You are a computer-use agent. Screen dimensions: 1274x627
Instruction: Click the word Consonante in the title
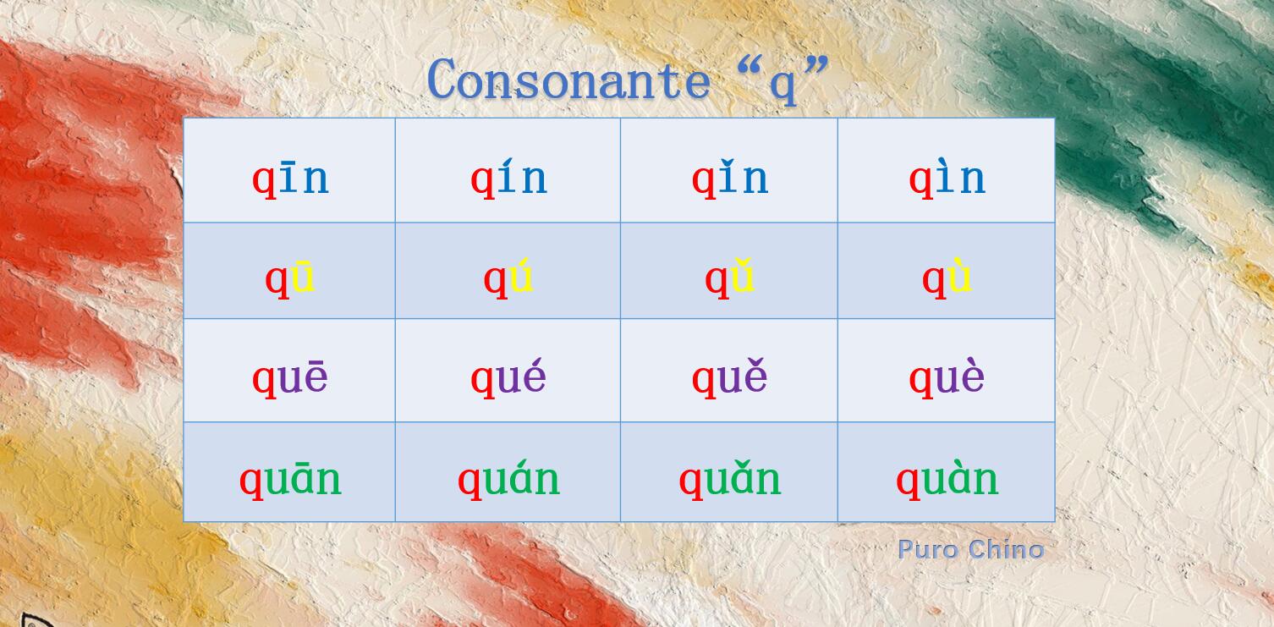click(568, 79)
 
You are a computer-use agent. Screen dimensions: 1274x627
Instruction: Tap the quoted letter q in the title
click(783, 85)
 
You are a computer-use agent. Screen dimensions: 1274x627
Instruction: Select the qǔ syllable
click(729, 278)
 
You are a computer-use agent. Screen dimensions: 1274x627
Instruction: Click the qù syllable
click(947, 278)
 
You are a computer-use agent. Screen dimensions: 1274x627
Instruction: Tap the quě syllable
click(730, 377)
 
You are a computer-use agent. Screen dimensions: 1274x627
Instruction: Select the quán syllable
click(508, 479)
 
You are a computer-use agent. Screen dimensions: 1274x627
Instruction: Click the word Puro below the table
click(928, 549)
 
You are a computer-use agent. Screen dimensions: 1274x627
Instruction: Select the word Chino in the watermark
click(1006, 549)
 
